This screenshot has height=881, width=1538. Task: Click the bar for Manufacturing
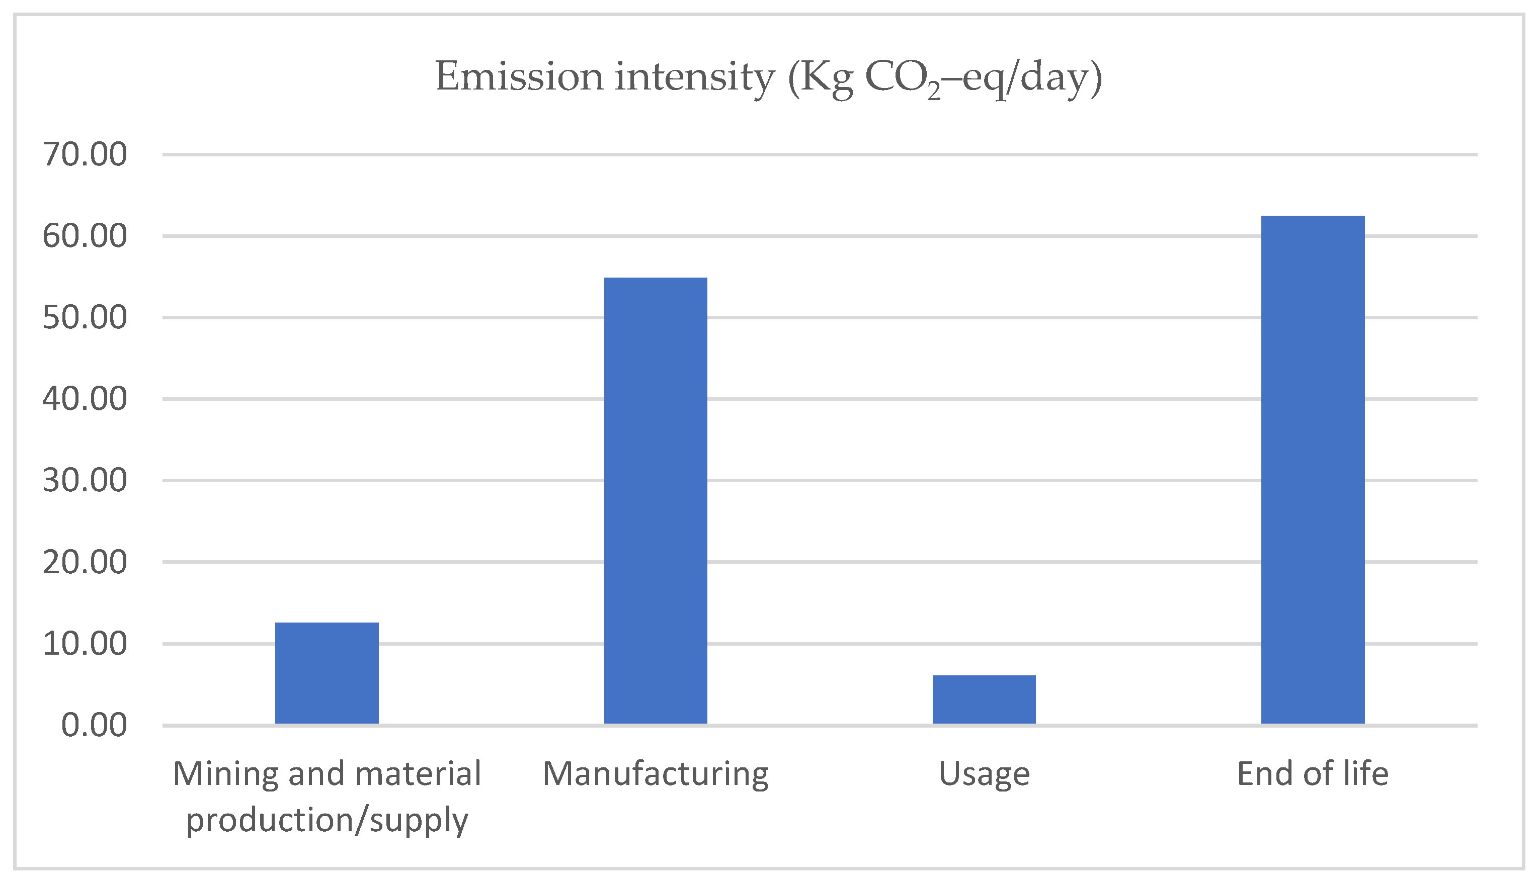(656, 501)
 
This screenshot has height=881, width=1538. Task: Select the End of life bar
(1313, 470)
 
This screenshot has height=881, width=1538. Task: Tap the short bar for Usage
(984, 699)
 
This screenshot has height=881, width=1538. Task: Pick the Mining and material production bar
(327, 673)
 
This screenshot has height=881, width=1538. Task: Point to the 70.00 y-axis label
(85, 154)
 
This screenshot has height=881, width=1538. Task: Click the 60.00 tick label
(85, 236)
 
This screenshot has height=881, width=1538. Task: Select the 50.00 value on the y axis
(85, 318)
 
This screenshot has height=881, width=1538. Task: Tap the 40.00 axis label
(85, 399)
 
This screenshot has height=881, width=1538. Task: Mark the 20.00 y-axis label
(85, 562)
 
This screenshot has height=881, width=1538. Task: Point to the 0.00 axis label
(94, 725)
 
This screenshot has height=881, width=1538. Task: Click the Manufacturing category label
(656, 774)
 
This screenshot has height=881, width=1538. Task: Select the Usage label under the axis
(984, 774)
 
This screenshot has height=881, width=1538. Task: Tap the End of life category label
(1313, 773)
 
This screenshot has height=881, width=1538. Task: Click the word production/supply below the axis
(327, 821)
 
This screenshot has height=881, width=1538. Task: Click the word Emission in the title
(519, 77)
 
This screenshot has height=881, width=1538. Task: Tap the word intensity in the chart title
(694, 77)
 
